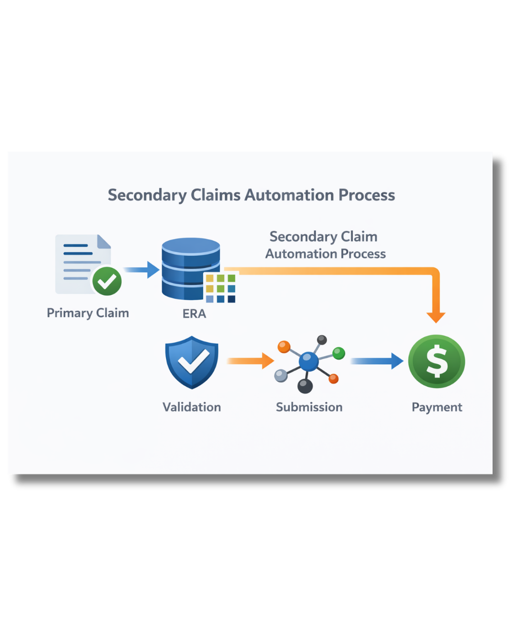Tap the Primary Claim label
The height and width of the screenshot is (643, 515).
pos(88,313)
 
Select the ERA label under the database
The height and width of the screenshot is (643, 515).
pos(195,314)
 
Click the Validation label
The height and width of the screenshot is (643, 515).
pos(192,407)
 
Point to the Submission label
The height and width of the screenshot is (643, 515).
pos(309,407)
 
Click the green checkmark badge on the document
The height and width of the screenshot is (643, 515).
pos(107,281)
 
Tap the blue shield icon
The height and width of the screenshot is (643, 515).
pos(192,362)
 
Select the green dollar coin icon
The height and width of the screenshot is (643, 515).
pos(437,361)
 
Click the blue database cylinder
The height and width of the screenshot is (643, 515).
pos(191,268)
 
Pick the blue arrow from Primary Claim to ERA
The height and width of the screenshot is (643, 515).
pos(141,270)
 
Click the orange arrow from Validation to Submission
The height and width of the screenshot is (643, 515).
pos(250,361)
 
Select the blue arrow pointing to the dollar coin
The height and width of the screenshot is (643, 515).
pos(377,361)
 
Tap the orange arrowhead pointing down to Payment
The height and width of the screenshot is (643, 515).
pos(436,317)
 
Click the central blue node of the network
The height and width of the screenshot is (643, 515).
pos(309,362)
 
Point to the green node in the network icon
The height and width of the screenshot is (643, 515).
pos(339,353)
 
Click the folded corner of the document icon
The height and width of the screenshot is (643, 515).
pos(104,241)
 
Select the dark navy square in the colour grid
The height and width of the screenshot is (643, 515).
pos(231,299)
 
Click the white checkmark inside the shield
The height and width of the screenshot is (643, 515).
pos(193,361)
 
